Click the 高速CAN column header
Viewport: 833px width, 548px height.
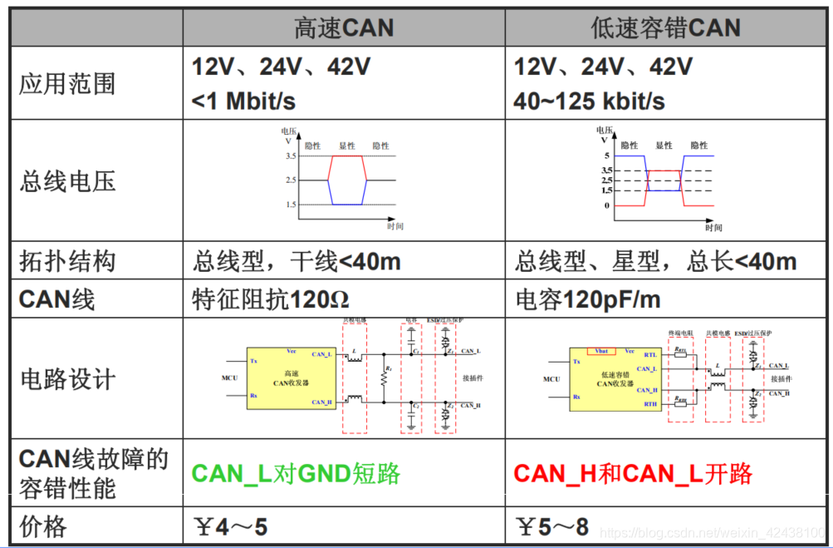(344, 28)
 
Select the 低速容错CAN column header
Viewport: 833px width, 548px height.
(665, 28)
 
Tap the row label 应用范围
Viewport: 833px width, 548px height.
(67, 84)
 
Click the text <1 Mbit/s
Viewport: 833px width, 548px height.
(243, 101)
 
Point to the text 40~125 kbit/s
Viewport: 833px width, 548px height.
(589, 101)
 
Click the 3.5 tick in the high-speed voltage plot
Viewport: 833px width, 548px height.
(291, 156)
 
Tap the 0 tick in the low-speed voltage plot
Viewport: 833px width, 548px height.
(606, 205)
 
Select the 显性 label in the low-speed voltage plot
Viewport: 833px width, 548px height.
(664, 146)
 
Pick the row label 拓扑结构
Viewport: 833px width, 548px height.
(67, 262)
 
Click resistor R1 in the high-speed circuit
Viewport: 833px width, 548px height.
(385, 378)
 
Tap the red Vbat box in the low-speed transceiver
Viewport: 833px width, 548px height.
(601, 351)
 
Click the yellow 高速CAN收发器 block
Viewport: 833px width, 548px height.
(296, 378)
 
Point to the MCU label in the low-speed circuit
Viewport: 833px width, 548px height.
(551, 379)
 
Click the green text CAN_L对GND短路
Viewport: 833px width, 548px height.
(296, 474)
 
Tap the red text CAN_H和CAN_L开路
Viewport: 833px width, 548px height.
(633, 474)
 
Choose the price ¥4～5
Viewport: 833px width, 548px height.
(229, 526)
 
